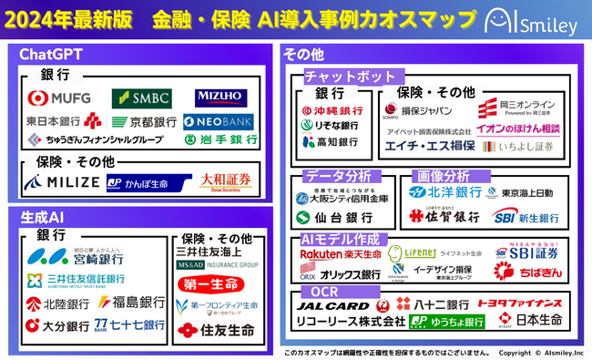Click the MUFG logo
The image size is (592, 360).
57,98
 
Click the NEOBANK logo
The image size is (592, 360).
217,120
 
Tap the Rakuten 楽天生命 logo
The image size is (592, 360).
340,254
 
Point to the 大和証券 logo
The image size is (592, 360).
224,180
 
